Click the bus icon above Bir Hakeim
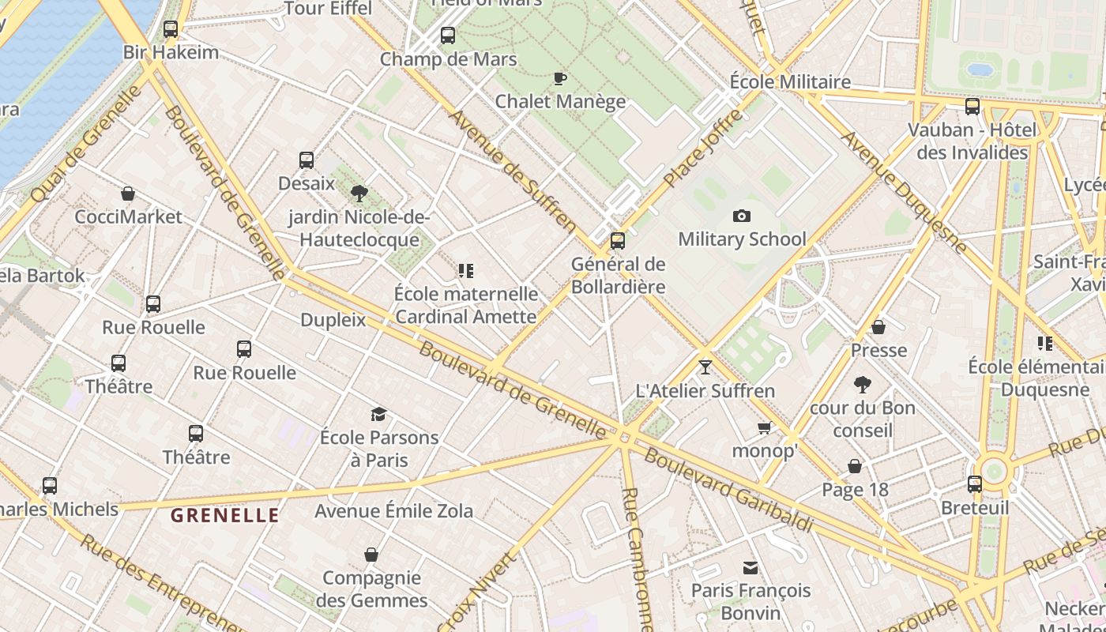tap(171, 30)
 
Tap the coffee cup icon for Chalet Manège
tap(559, 78)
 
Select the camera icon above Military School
tap(741, 216)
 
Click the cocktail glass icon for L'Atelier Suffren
tap(705, 367)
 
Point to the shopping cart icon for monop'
tap(764, 428)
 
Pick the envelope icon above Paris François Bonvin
tap(750, 567)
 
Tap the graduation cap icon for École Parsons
tap(379, 414)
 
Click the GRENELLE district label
tap(225, 516)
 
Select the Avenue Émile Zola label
tap(393, 511)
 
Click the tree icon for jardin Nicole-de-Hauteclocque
tap(359, 193)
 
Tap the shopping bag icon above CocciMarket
tap(128, 194)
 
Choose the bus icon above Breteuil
tap(975, 484)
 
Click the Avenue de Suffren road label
tap(513, 171)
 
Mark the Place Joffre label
tap(703, 149)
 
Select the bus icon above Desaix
tap(307, 160)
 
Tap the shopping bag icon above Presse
tap(878, 327)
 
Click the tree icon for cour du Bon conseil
tap(862, 385)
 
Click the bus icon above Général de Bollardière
tap(618, 241)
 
